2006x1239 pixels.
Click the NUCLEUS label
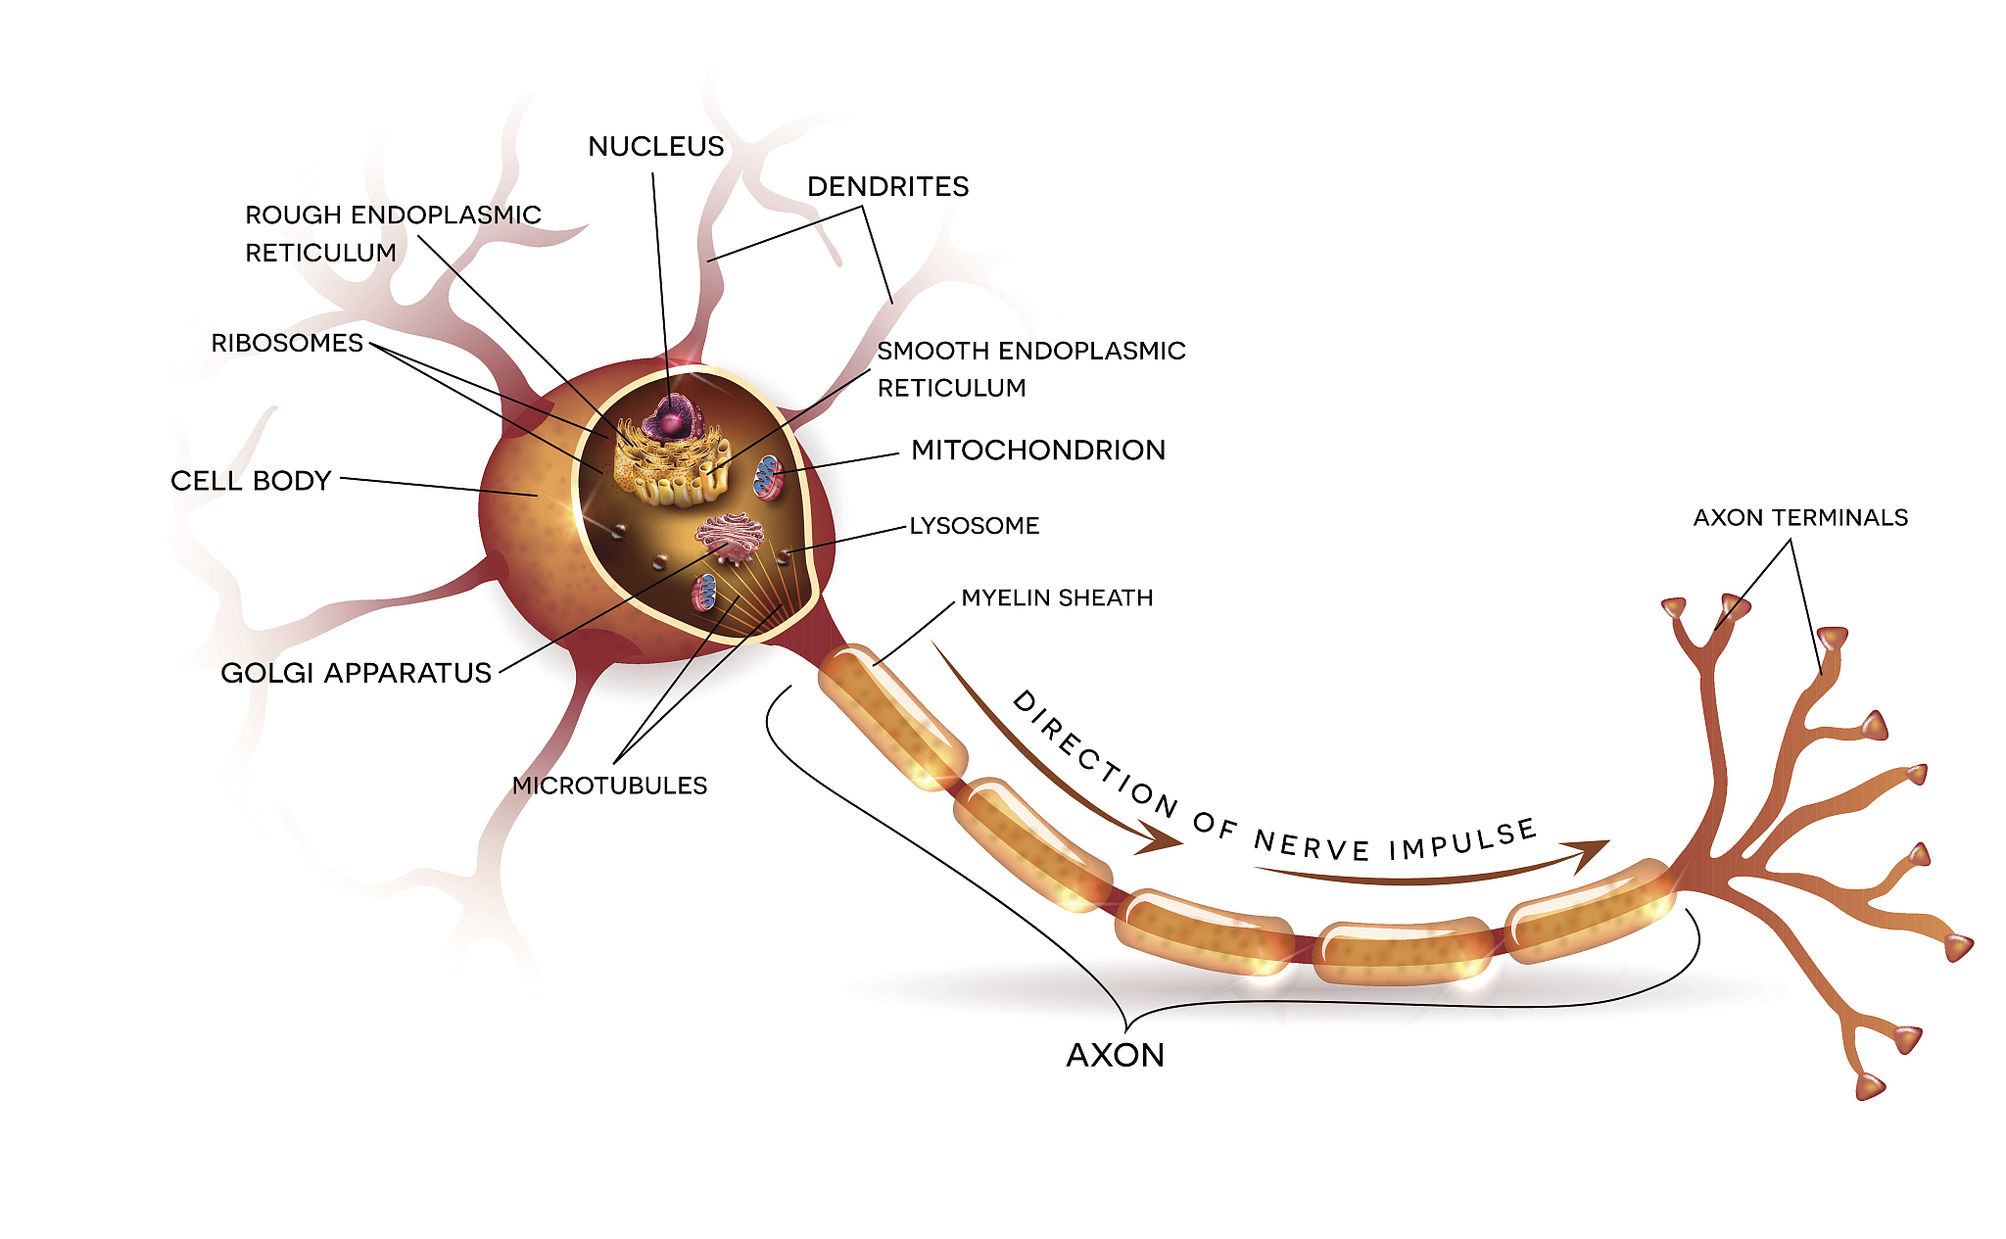[655, 147]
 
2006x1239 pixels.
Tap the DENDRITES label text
[887, 187]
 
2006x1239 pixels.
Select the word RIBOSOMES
[287, 343]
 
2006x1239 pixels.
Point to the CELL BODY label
[251, 481]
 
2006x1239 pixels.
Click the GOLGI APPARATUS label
[356, 673]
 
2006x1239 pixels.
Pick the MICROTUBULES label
[609, 786]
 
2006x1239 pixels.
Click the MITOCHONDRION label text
[1038, 451]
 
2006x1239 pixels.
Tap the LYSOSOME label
[975, 526]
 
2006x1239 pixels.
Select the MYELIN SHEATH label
[1057, 597]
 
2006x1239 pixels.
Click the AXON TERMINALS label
[1800, 517]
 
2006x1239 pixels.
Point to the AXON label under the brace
[1115, 1055]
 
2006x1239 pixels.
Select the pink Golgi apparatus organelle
[730, 538]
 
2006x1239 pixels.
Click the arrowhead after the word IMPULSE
[1587, 852]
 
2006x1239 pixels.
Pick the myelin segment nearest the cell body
[891, 715]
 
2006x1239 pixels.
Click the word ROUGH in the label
[293, 215]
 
